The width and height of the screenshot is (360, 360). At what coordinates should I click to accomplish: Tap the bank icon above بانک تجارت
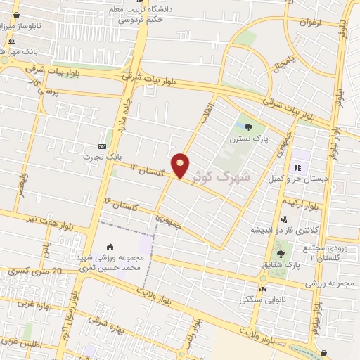[103, 146]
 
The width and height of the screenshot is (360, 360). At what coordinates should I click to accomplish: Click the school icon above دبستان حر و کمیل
[297, 167]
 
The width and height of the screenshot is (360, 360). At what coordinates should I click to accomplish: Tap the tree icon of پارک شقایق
[281, 252]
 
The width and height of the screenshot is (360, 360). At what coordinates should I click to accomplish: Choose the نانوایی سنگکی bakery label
[261, 300]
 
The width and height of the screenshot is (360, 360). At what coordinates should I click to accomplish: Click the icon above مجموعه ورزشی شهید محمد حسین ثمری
[110, 246]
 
